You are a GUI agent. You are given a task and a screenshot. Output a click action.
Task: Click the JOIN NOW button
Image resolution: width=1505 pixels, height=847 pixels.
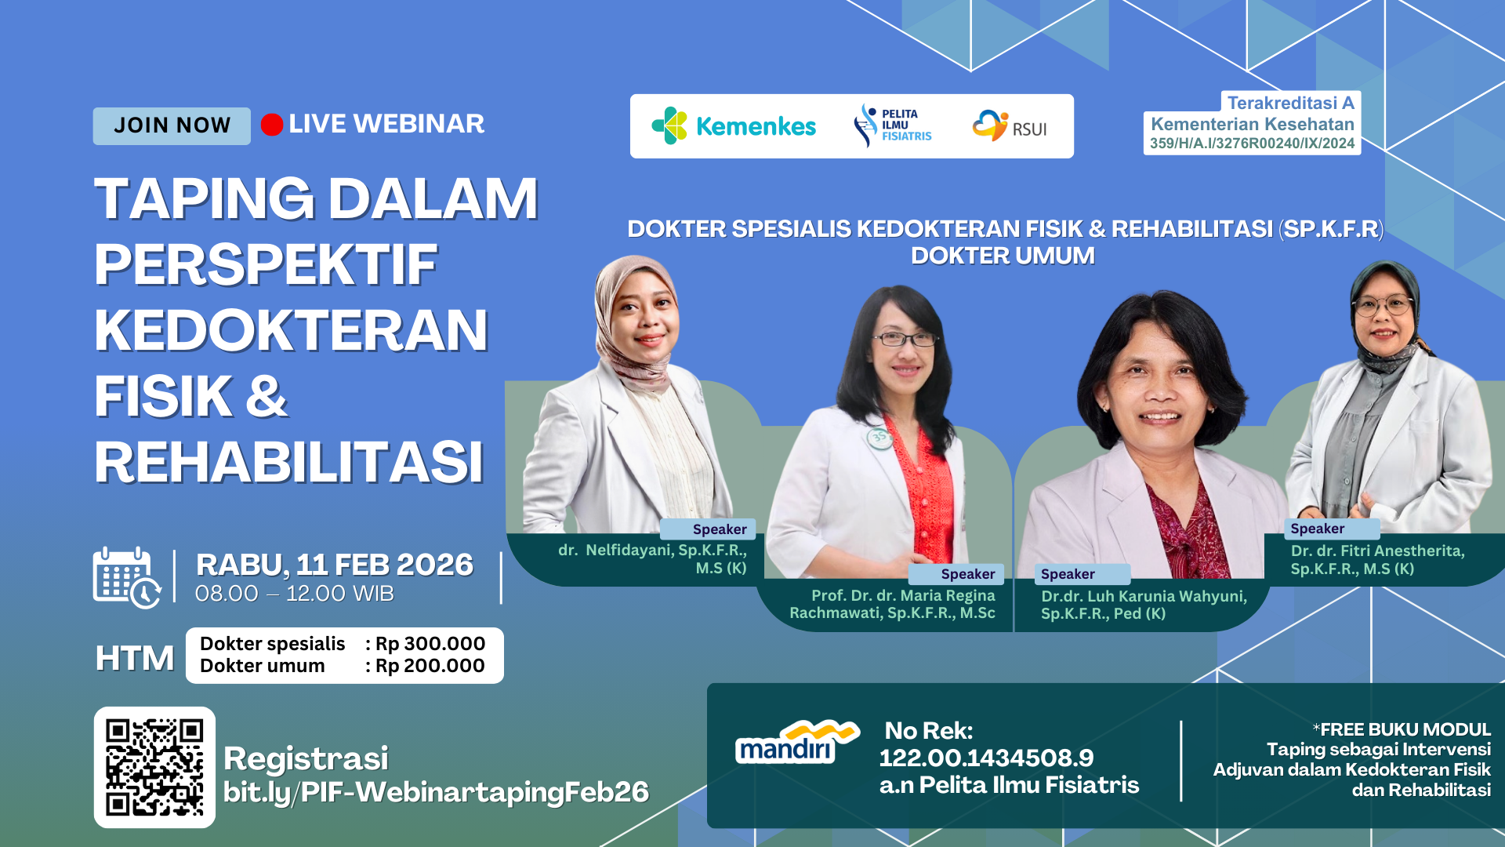(x=172, y=126)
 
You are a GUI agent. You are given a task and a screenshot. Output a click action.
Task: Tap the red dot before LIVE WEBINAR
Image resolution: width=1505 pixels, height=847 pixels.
(x=272, y=125)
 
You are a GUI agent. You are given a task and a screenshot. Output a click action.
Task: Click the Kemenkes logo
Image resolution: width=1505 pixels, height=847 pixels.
(x=734, y=126)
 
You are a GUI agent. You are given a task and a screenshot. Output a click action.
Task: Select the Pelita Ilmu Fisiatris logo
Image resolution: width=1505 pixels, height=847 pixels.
(x=893, y=125)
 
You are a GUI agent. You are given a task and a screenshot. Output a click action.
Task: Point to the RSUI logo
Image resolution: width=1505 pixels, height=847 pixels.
(x=1010, y=126)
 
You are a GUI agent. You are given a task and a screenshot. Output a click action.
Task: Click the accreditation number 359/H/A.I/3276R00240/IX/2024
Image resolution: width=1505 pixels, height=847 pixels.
(x=1252, y=144)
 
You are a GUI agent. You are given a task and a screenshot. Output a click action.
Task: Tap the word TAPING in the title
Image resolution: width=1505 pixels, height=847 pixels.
(x=204, y=199)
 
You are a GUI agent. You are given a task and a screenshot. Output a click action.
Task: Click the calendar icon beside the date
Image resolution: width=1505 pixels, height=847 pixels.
(x=125, y=578)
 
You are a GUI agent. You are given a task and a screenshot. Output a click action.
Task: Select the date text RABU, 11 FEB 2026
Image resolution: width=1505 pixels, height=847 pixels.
(x=335, y=565)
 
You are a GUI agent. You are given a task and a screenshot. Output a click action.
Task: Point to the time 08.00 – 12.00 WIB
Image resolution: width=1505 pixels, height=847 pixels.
(x=294, y=594)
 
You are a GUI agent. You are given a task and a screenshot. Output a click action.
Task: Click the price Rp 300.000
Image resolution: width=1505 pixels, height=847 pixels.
(x=430, y=644)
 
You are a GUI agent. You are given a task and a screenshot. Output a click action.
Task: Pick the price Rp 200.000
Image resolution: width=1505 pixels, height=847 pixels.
(x=430, y=666)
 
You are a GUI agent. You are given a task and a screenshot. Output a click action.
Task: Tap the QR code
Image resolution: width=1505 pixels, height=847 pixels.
(x=154, y=767)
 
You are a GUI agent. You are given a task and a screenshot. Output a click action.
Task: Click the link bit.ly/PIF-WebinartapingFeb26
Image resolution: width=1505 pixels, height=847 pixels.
(x=436, y=792)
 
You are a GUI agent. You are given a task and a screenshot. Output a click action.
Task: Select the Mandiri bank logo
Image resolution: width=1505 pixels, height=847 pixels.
(x=796, y=743)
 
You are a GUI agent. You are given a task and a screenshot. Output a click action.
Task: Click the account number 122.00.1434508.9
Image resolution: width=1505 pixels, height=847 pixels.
(x=986, y=758)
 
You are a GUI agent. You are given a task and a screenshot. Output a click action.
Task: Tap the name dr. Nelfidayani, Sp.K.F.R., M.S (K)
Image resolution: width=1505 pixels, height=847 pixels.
(x=652, y=558)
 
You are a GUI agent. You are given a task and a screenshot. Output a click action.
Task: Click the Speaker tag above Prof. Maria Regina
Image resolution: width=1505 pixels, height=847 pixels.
(x=967, y=574)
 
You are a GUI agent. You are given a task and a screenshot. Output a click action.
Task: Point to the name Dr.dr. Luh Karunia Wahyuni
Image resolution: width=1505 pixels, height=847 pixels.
(x=1144, y=596)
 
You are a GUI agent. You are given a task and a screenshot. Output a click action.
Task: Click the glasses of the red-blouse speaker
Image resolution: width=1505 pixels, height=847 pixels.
(x=905, y=339)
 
